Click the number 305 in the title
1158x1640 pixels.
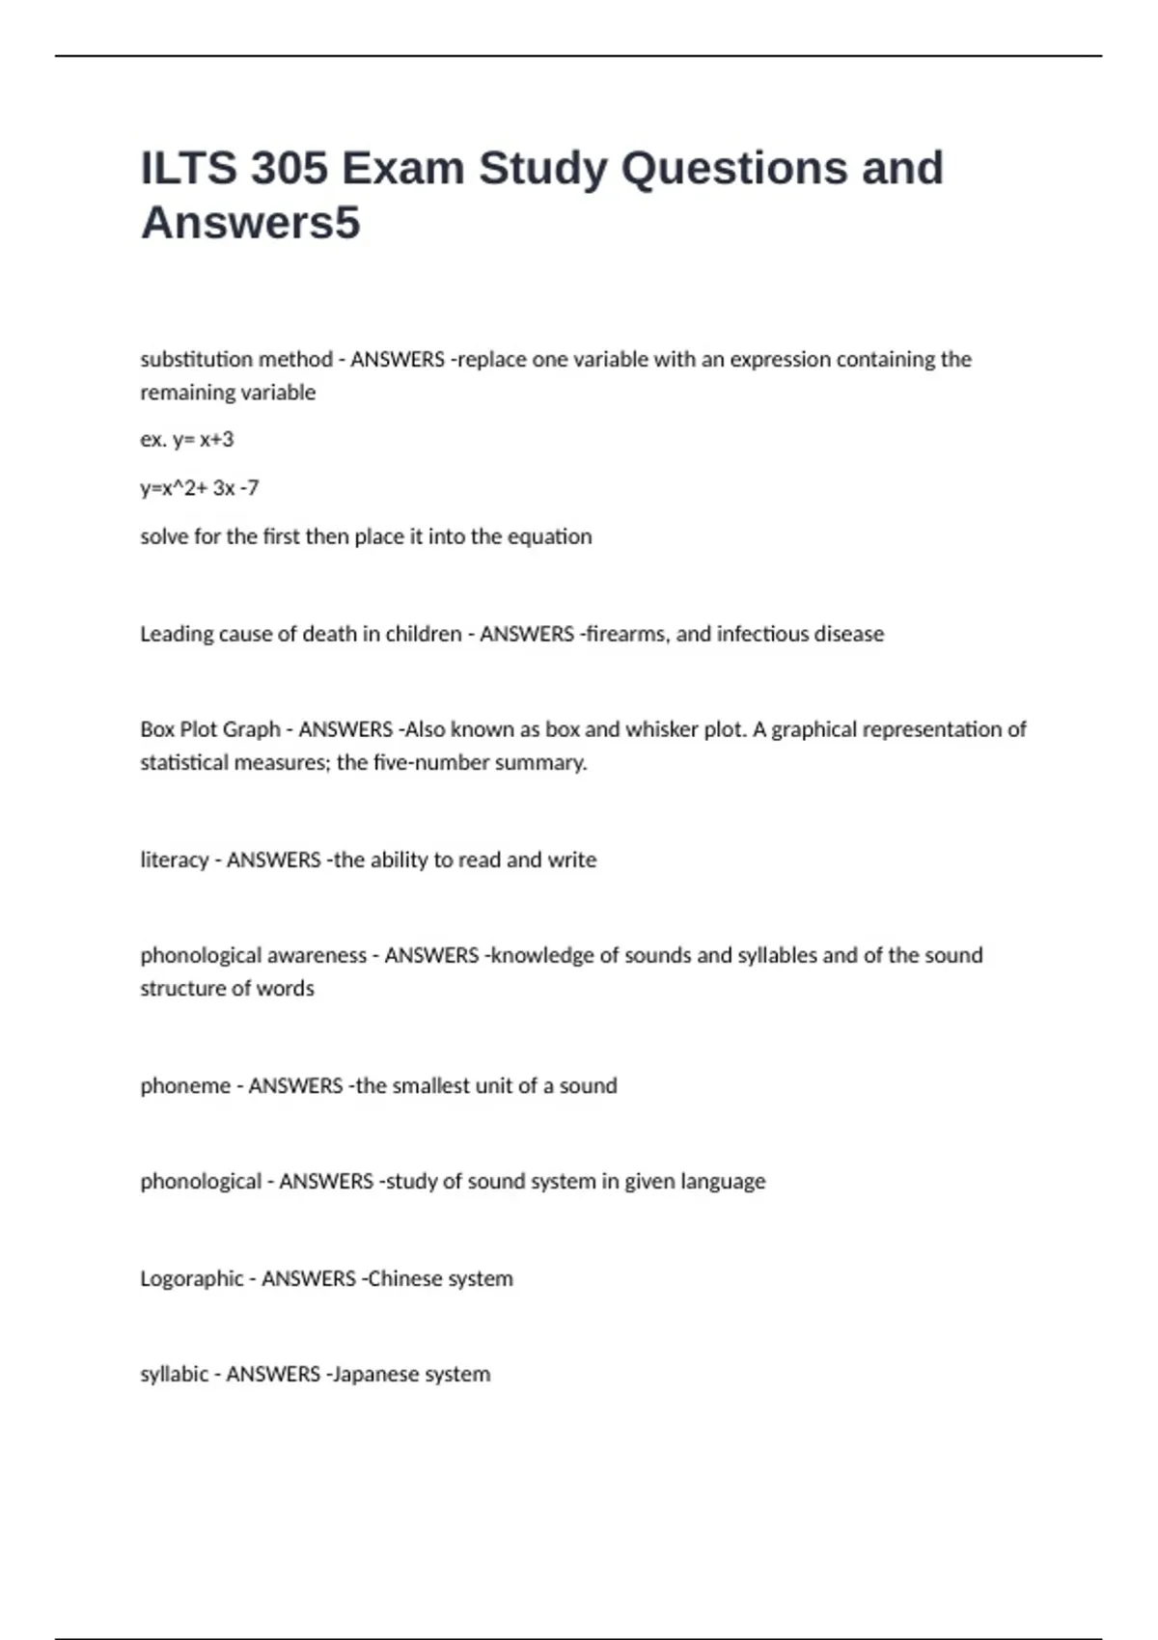(x=289, y=169)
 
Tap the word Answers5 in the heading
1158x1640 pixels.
(x=250, y=223)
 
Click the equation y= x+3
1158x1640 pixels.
(x=203, y=440)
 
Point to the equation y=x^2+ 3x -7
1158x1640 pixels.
(x=199, y=488)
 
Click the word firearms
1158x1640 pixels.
(x=625, y=634)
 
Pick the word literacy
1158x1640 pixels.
(x=174, y=860)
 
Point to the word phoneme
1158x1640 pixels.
(x=185, y=1086)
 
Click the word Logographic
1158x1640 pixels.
(x=191, y=1279)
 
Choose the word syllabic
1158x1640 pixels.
(x=174, y=1375)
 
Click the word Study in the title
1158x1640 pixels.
(x=543, y=169)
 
